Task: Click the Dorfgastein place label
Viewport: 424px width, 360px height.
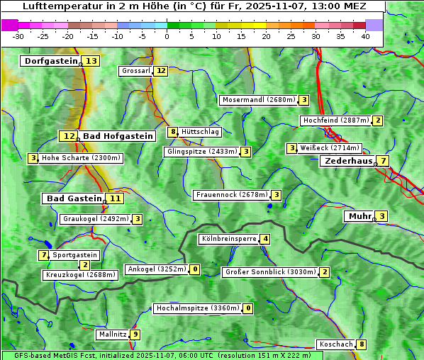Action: click(x=50, y=61)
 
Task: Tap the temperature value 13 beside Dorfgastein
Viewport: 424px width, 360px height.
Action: click(x=91, y=61)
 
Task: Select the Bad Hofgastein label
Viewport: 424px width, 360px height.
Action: click(x=117, y=136)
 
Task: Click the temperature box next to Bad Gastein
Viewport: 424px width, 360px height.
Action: click(x=115, y=198)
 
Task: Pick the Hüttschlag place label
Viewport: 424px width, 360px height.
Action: click(x=200, y=132)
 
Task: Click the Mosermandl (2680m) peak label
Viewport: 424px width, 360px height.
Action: click(x=258, y=100)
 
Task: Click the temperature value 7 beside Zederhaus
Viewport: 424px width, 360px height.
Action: click(x=383, y=161)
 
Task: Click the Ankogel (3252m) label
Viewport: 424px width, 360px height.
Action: click(x=157, y=269)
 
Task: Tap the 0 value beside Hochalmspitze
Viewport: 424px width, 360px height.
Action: click(x=247, y=308)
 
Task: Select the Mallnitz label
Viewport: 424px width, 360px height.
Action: click(x=112, y=334)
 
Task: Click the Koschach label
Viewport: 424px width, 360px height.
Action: click(x=335, y=344)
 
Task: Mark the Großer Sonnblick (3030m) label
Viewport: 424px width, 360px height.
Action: click(x=269, y=272)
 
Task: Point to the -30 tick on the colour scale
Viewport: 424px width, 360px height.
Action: click(x=18, y=35)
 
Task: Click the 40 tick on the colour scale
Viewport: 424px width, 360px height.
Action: click(x=365, y=35)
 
